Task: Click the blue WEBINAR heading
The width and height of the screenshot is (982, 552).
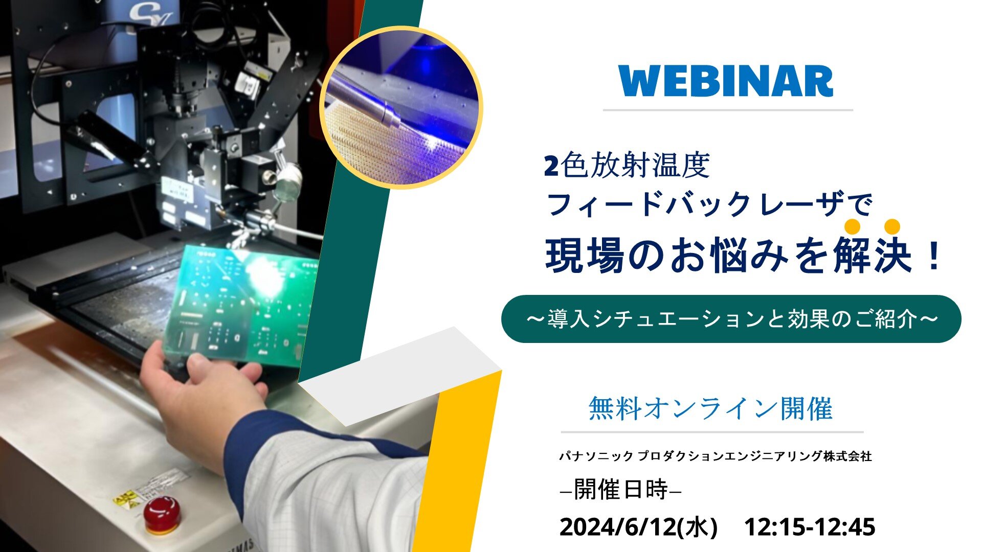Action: (x=726, y=81)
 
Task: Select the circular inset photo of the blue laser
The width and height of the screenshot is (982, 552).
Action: (x=401, y=108)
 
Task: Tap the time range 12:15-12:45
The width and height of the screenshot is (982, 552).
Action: (x=810, y=527)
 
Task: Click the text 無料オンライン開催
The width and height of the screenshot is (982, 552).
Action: (x=710, y=408)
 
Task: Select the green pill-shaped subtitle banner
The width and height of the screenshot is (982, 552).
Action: (x=731, y=319)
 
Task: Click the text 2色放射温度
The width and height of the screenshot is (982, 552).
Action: (x=627, y=166)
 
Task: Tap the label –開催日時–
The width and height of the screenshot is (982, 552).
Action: (x=621, y=490)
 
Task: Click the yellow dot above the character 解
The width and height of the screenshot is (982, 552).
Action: (x=853, y=226)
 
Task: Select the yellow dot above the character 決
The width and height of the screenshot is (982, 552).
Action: (x=892, y=226)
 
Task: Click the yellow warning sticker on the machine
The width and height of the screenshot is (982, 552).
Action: (x=126, y=498)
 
